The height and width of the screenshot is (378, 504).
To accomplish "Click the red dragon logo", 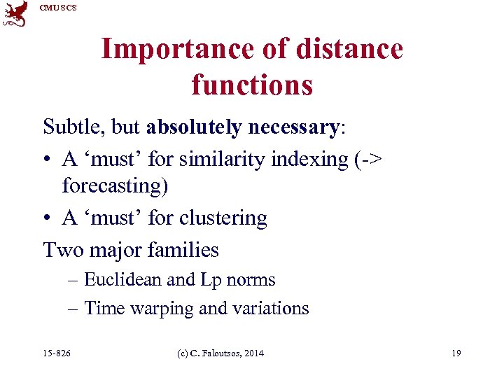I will click(15, 14).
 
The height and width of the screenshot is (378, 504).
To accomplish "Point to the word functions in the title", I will click(252, 85).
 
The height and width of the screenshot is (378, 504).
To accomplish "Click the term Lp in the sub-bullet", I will click(210, 280).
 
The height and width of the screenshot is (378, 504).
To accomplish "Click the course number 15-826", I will click(56, 353).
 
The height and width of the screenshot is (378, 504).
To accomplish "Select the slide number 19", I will click(456, 353).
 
